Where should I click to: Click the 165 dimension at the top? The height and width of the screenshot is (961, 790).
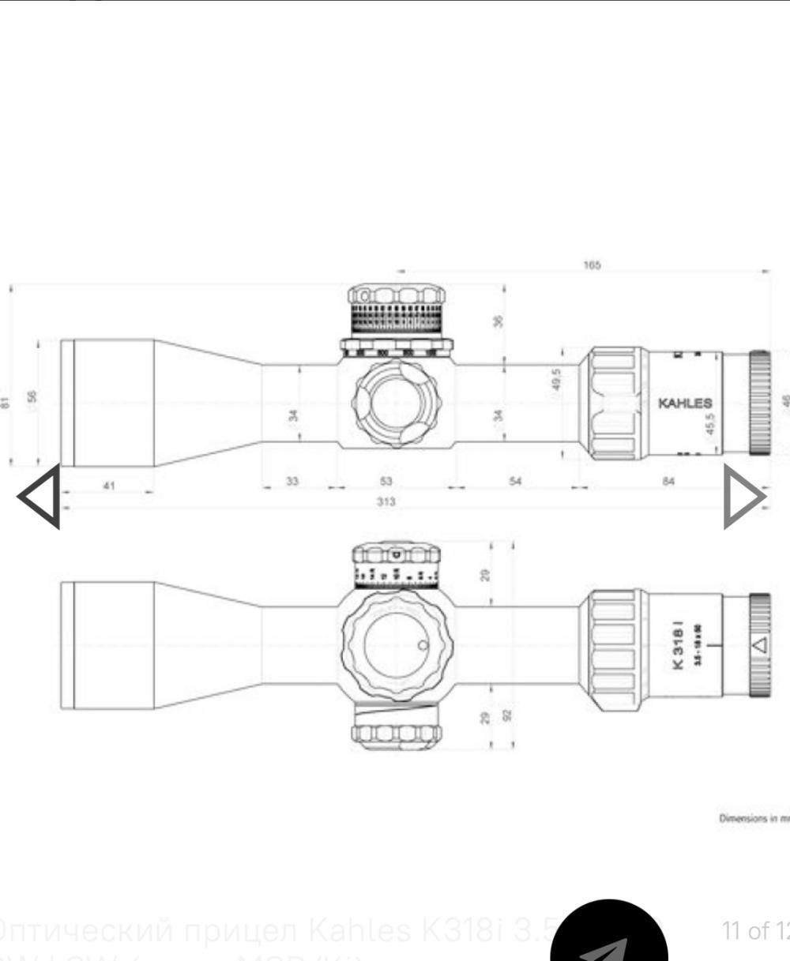pos(592,265)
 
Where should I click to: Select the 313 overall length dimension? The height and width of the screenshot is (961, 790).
pos(386,502)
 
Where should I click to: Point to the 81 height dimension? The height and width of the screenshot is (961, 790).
pos(7,403)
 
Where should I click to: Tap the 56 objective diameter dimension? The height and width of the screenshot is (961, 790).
pos(32,396)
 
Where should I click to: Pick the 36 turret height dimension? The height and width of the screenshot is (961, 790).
pos(498,322)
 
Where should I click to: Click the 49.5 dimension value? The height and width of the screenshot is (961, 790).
pos(557,379)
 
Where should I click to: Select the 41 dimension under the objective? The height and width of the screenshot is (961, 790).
pos(109,486)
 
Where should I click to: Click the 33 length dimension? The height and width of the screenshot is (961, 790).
pos(292,481)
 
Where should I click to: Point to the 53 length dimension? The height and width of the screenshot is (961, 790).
pos(386,481)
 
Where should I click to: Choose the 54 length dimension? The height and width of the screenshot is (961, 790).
pos(515,481)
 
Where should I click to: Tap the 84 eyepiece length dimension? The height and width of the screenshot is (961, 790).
pos(668,481)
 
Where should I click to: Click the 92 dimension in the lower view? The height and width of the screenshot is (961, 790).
pos(508,715)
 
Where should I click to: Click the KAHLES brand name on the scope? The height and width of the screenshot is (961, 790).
pos(685,404)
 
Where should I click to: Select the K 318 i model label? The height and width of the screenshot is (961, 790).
pos(678,647)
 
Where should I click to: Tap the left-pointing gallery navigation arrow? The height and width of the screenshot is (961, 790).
pos(39,497)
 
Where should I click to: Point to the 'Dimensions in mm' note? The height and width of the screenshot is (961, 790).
pos(753,819)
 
